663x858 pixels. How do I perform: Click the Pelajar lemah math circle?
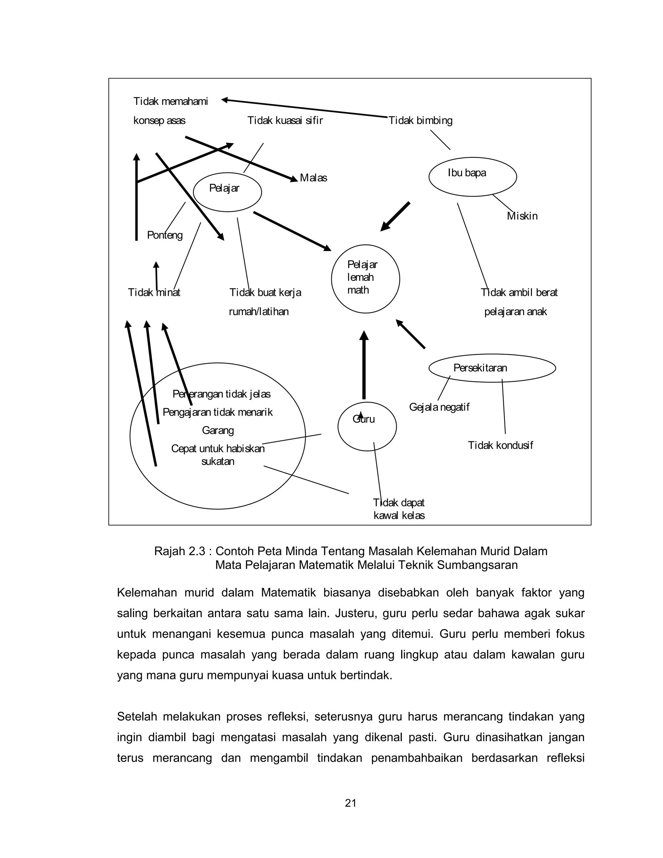[365, 278]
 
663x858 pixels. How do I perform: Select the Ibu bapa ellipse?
[473, 176]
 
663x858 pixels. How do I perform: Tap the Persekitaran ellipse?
[492, 368]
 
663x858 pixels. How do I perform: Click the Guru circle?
[367, 426]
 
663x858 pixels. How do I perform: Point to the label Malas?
[313, 178]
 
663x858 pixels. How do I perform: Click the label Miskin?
[522, 216]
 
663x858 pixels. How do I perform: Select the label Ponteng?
[164, 235]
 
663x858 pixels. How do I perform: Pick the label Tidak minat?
[154, 293]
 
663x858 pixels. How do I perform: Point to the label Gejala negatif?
[439, 407]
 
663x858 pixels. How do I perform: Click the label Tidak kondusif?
[500, 446]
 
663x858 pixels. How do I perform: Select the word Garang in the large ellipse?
[218, 431]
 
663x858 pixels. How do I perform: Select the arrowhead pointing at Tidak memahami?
[225, 100]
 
